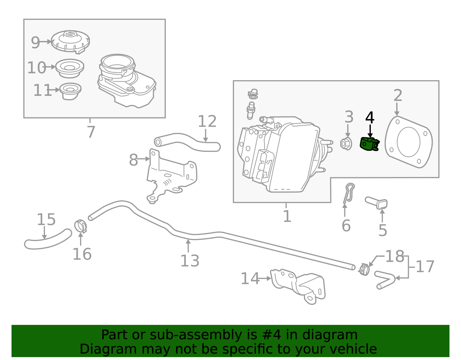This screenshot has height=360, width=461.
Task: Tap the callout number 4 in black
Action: [370, 118]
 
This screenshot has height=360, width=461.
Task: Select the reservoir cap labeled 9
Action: [70, 42]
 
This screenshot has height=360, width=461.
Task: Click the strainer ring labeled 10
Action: [69, 68]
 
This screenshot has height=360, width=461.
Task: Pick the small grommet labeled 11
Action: [70, 91]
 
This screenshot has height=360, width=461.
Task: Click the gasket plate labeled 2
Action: [409, 142]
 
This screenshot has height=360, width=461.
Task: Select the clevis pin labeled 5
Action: [377, 203]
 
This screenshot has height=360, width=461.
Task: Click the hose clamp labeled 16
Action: [81, 226]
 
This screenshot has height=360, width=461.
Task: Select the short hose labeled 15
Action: [48, 240]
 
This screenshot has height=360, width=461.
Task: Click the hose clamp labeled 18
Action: [364, 269]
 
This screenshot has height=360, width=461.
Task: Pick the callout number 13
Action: [190, 261]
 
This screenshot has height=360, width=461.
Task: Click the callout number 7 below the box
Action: [91, 132]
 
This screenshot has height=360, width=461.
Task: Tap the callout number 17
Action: [425, 267]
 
